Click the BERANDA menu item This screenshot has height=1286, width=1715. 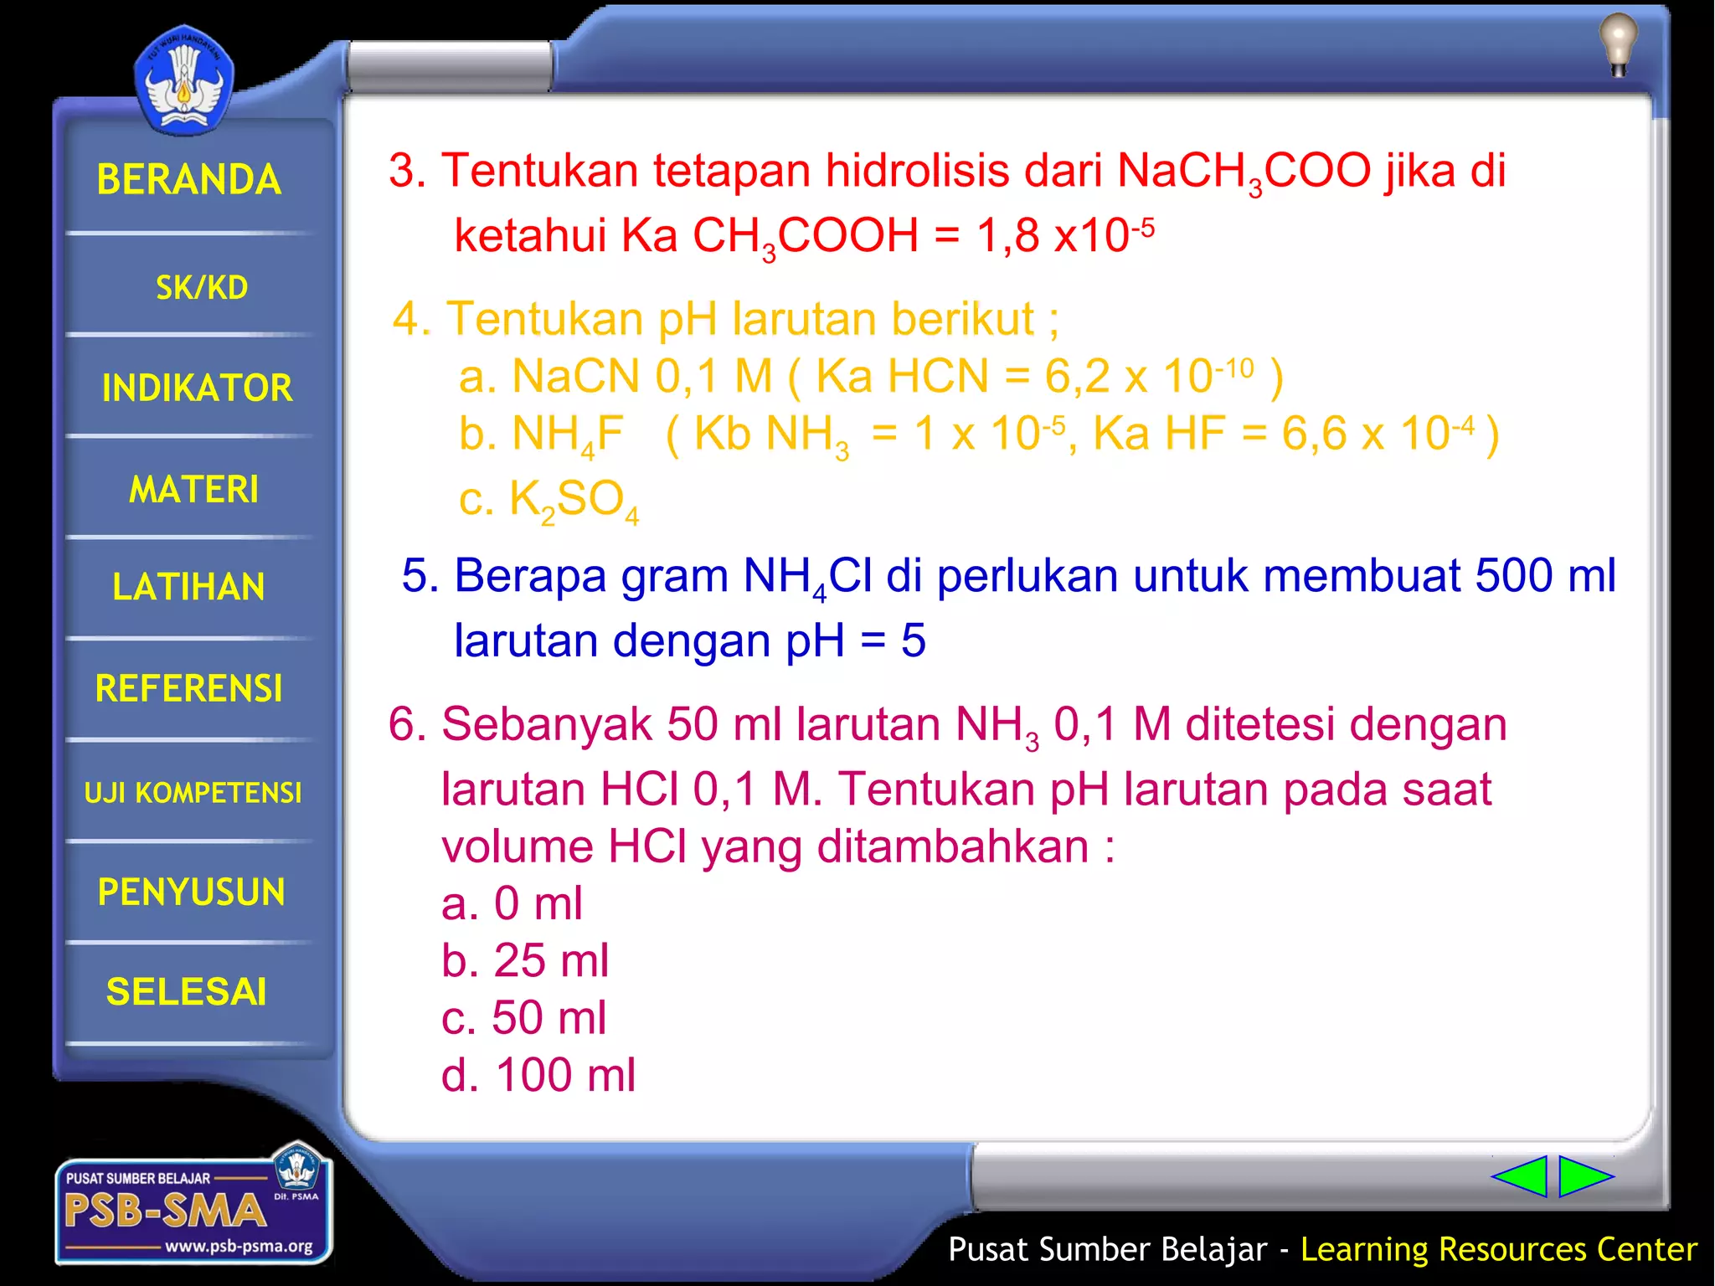pyautogui.click(x=189, y=180)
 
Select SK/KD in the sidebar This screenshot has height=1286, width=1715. pyautogui.click(x=202, y=288)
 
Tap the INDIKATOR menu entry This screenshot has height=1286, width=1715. pyautogui.click(x=197, y=388)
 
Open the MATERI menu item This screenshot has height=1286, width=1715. pyautogui.click(x=194, y=490)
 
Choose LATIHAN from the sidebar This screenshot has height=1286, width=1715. pyautogui.click(x=189, y=587)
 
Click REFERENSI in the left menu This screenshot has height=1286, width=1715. pyautogui.click(x=189, y=689)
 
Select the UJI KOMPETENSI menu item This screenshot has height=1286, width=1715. pyautogui.click(x=193, y=792)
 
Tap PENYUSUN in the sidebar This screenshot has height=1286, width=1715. pyautogui.click(x=192, y=892)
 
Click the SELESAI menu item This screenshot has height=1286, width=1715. pyautogui.click(x=187, y=992)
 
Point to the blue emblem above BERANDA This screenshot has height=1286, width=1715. pyautogui.click(x=183, y=82)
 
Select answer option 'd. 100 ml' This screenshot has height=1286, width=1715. pyautogui.click(x=538, y=1075)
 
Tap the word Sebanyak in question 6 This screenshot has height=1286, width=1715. pyautogui.click(x=547, y=724)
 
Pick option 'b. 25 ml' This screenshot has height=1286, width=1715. pyautogui.click(x=525, y=961)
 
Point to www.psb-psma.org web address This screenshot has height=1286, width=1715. pyautogui.click(x=239, y=1247)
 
